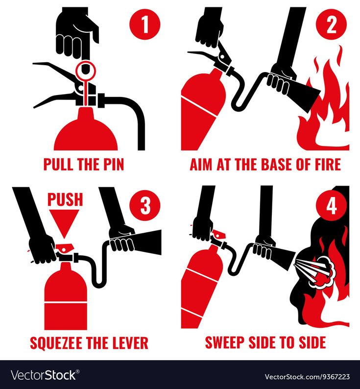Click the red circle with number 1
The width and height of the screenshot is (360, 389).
[x=145, y=24]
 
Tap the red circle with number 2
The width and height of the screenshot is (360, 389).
[x=331, y=24]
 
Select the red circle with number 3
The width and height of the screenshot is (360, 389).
[x=145, y=205]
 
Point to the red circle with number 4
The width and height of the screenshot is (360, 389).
[x=331, y=205]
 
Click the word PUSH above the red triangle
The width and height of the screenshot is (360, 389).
[x=65, y=199]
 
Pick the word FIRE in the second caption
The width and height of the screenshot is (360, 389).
[x=328, y=164]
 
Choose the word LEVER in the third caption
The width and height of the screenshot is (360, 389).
[x=130, y=343]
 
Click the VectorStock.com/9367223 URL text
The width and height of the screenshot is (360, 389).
[x=307, y=377]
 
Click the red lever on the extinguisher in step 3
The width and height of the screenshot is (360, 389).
[x=65, y=248]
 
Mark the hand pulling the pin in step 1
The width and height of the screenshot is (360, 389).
[x=77, y=35]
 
